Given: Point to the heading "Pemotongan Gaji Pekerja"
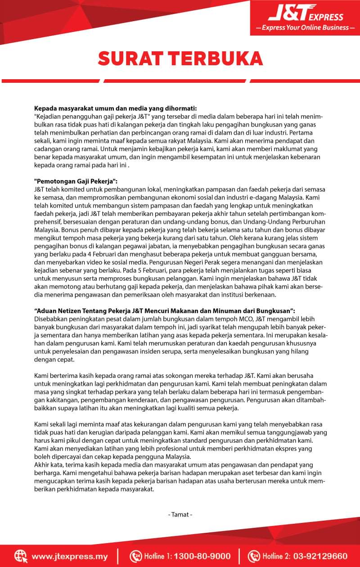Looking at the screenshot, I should [76, 181].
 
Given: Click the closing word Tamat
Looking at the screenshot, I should [180, 514].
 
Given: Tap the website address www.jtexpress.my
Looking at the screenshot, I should [69, 556].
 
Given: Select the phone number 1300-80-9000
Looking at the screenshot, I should [202, 556].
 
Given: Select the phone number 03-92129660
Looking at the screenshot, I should [322, 556].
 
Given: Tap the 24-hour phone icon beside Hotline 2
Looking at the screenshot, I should [254, 556].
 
